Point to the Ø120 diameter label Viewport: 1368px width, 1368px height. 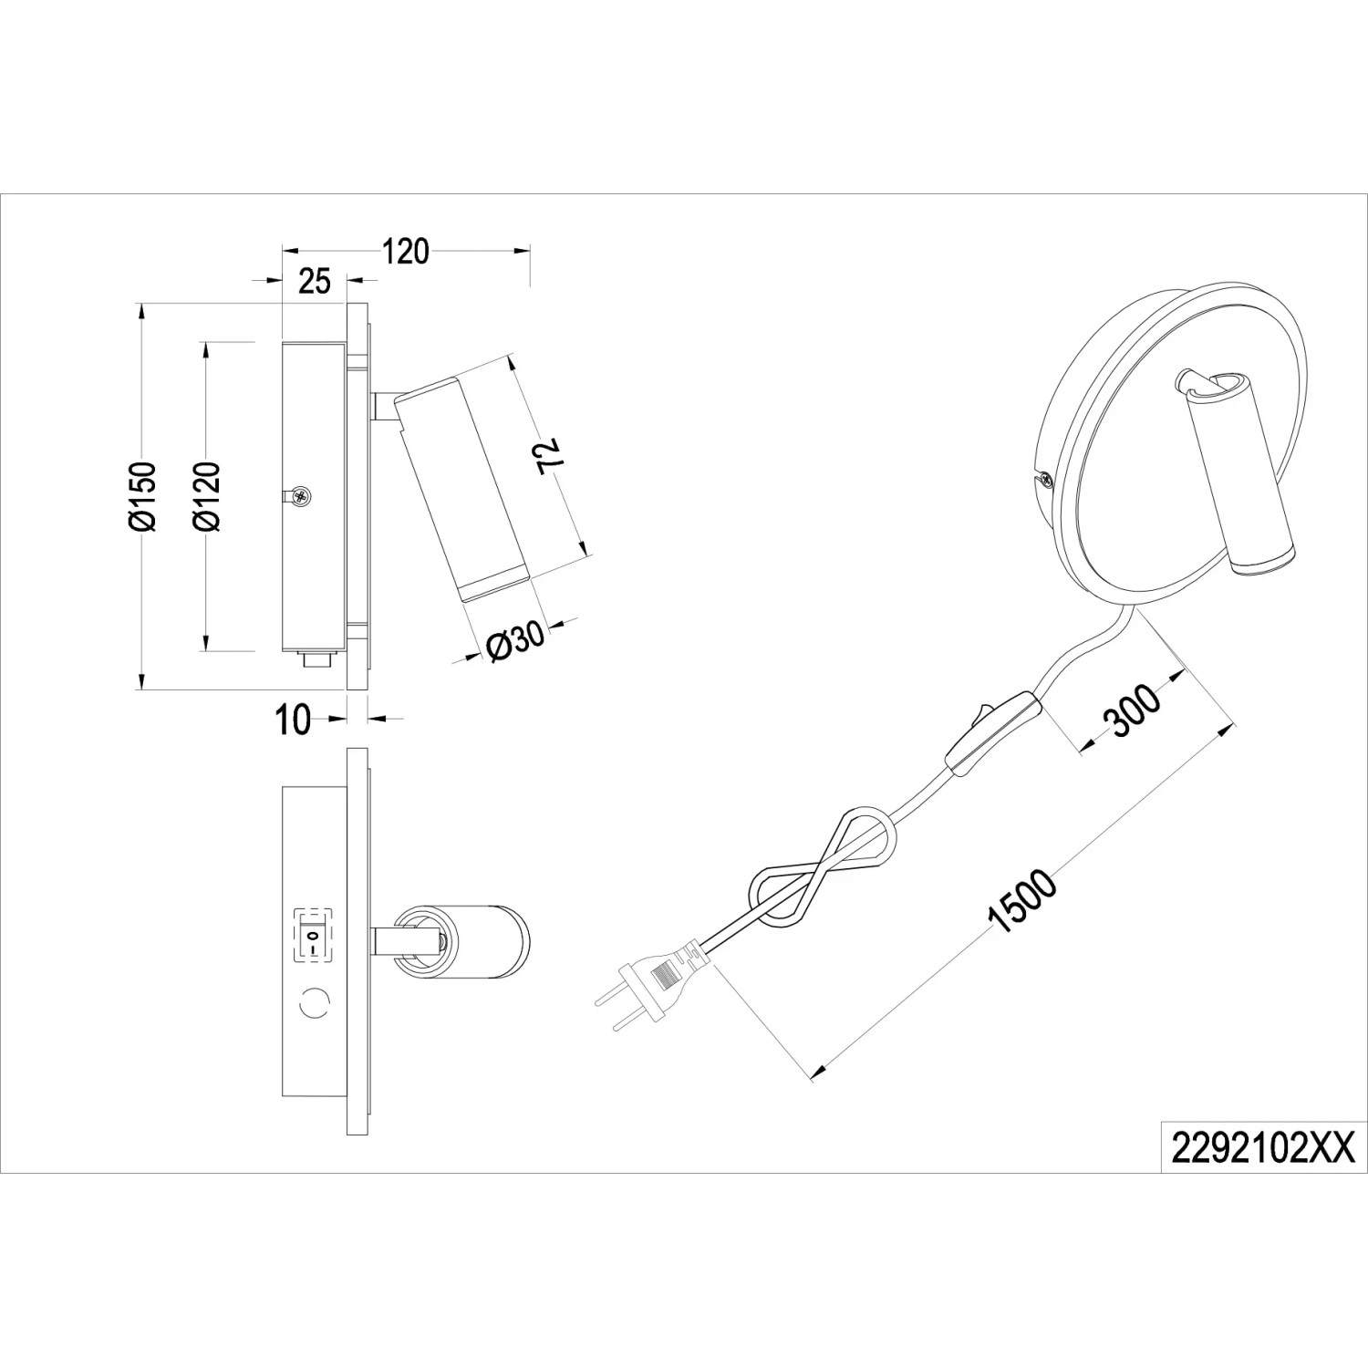tap(208, 496)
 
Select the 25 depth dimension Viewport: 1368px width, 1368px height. tap(314, 282)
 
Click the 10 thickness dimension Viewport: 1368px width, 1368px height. tap(293, 720)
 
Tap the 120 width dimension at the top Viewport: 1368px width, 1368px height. tap(405, 250)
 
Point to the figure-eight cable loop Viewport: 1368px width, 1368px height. tap(821, 867)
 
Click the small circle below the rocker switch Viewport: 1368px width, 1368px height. tap(314, 1003)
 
